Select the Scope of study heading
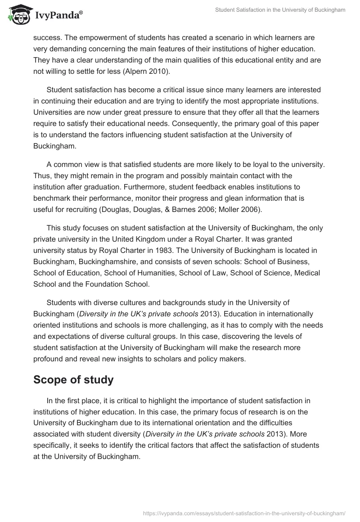[x=73, y=380]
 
